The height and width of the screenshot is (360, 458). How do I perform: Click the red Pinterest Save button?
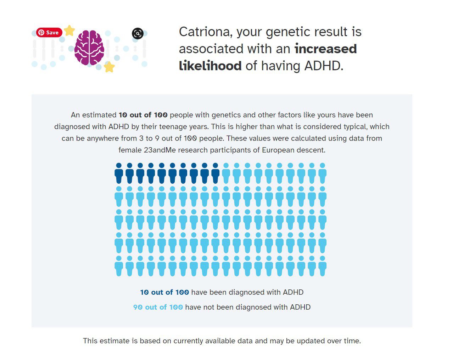tap(49, 33)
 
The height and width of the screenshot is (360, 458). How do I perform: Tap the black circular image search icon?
tap(138, 33)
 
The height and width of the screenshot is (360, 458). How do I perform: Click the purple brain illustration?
tap(89, 48)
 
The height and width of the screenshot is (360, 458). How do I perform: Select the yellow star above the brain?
tap(69, 31)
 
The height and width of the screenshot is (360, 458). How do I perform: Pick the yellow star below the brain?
tap(109, 67)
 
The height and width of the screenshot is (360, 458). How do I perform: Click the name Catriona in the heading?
tap(206, 32)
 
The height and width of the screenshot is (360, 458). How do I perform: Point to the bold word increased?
tap(326, 49)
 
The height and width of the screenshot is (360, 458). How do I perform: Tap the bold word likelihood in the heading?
tap(210, 66)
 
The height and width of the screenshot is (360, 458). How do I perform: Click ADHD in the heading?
tap(324, 66)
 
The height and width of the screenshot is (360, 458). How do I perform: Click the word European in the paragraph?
tap(278, 150)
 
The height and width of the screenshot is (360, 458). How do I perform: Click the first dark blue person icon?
tap(119, 173)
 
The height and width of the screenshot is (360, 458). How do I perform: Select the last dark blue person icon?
tap(215, 173)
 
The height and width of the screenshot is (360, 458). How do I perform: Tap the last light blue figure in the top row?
tap(323, 173)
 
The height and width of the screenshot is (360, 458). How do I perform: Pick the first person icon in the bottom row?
tap(119, 266)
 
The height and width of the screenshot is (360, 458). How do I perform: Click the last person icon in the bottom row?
tap(323, 266)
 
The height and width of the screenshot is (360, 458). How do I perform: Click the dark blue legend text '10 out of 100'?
tap(164, 292)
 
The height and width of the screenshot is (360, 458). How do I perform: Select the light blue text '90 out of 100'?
tap(158, 307)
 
